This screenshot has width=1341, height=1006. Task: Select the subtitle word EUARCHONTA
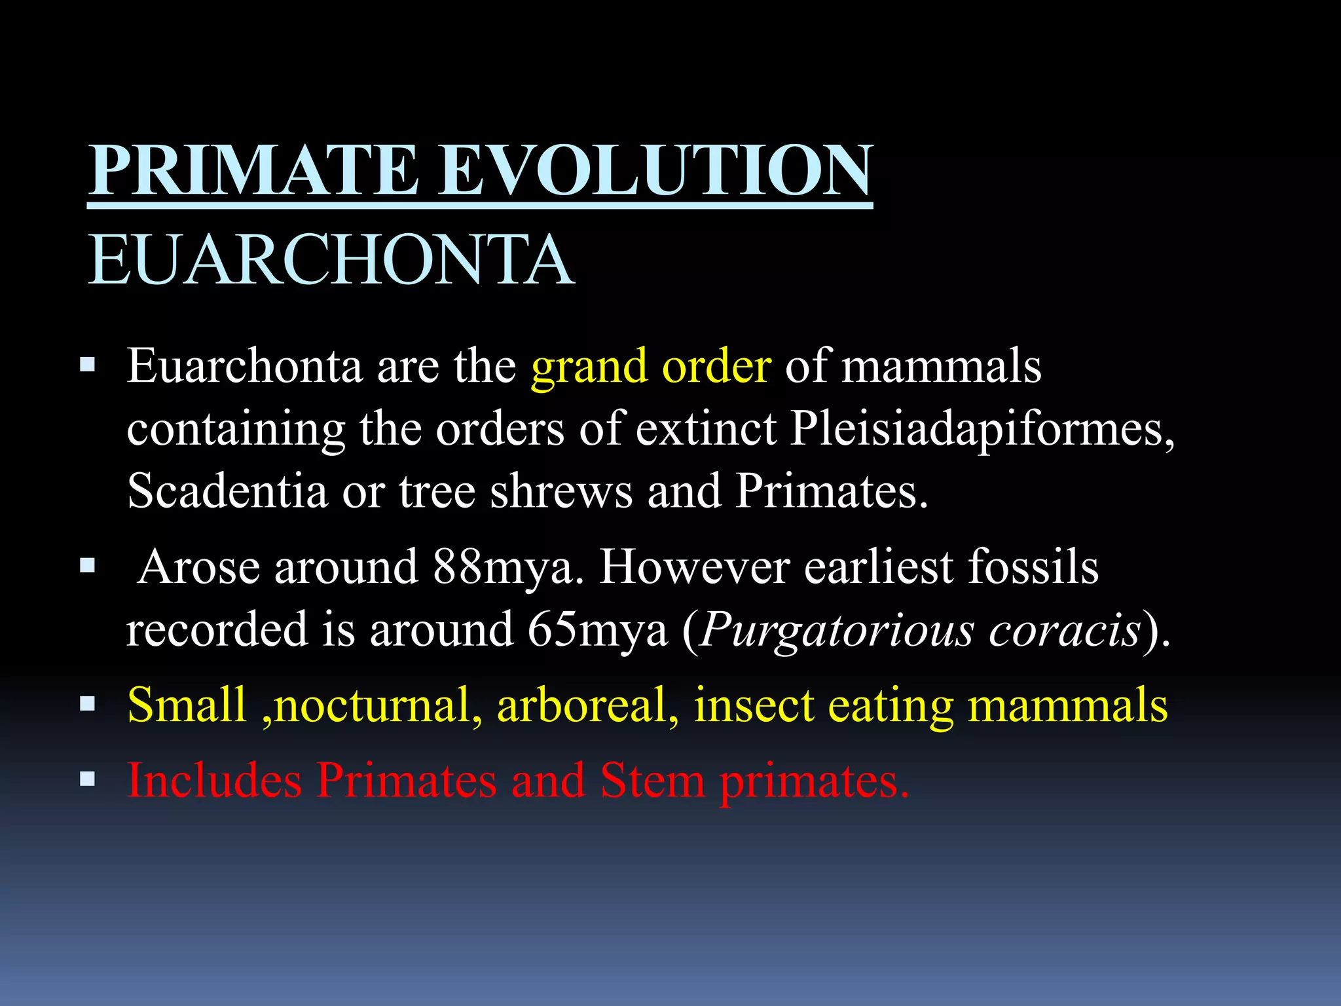tap(331, 261)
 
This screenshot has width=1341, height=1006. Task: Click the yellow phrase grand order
tap(651, 367)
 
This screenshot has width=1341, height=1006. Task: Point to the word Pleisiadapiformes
tap(982, 430)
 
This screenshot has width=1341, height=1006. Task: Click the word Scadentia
tap(227, 491)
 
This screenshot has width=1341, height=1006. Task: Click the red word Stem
tap(652, 781)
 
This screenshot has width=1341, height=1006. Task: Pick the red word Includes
tap(214, 781)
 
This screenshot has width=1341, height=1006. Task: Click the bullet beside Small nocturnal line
tap(87, 704)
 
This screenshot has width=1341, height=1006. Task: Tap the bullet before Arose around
tap(87, 565)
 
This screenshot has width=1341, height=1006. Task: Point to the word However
tap(694, 567)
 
